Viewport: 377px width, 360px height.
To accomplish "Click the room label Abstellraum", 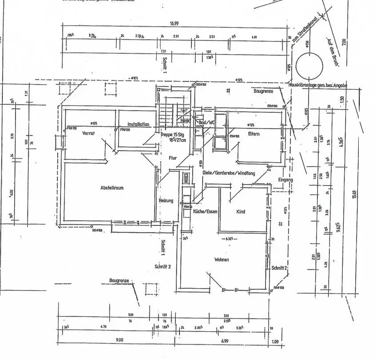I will click(x=112, y=188).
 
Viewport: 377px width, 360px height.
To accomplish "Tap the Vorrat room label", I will click(x=89, y=133).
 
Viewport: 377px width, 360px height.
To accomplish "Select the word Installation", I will click(x=139, y=124).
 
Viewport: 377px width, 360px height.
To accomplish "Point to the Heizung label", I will click(x=166, y=201).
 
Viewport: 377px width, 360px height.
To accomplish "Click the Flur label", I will click(x=173, y=158).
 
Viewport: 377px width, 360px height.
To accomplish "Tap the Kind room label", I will click(x=241, y=212).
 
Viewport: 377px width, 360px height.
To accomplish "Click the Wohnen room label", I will click(x=222, y=259).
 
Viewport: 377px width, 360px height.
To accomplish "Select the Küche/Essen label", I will click(x=205, y=212).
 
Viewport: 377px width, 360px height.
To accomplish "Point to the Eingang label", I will click(x=286, y=180).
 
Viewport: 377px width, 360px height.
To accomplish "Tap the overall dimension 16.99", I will click(x=174, y=23).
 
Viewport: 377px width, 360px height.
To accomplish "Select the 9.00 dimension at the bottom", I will click(x=119, y=340).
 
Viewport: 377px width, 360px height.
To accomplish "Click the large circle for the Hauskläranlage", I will click(x=310, y=65).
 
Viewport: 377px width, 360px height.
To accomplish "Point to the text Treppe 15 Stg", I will click(x=172, y=134).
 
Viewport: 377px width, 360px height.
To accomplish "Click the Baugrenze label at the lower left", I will click(x=119, y=281).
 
